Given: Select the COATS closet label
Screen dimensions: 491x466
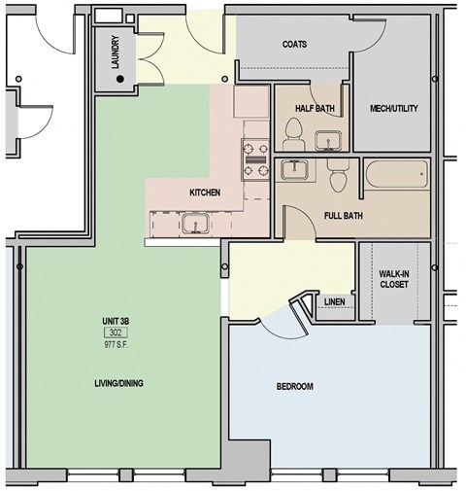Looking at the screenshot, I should [295, 45].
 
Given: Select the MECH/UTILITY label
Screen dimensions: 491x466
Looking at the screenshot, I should [394, 108].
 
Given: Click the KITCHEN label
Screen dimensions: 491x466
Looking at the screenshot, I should [204, 193].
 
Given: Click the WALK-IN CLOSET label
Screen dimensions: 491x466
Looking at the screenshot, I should [394, 281].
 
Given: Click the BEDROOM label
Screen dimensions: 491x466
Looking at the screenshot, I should [294, 387].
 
